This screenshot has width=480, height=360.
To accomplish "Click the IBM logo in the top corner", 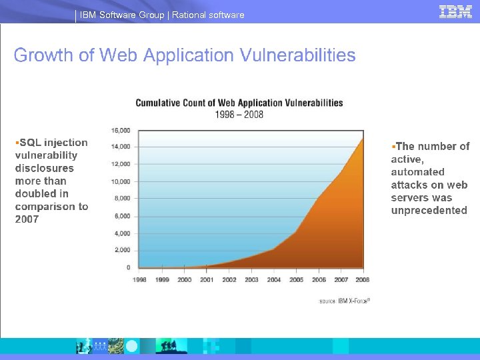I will pyautogui.click(x=455, y=11).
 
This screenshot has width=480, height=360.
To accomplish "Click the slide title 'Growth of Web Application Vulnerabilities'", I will pyautogui.click(x=185, y=55).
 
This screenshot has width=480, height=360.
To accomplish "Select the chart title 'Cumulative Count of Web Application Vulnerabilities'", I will pyautogui.click(x=239, y=103).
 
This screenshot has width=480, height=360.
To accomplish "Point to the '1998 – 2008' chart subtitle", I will pyautogui.click(x=239, y=114).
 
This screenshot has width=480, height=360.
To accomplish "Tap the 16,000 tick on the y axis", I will pyautogui.click(x=121, y=130).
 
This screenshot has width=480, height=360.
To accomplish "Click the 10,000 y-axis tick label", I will pyautogui.click(x=121, y=181).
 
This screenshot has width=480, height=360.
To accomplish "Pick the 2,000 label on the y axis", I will pyautogui.click(x=122, y=250).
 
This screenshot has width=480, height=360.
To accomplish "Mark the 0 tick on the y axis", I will pyautogui.click(x=128, y=267).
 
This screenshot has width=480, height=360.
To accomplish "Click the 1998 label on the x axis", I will pyautogui.click(x=140, y=280).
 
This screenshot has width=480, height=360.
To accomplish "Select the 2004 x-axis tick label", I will pyautogui.click(x=274, y=280).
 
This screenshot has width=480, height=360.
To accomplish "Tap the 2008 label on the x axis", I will pyautogui.click(x=363, y=280).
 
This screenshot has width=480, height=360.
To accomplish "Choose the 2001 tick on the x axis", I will pyautogui.click(x=207, y=280).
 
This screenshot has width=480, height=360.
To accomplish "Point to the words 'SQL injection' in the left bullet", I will pyautogui.click(x=54, y=143).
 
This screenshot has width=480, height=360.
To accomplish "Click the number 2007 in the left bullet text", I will pyautogui.click(x=27, y=219).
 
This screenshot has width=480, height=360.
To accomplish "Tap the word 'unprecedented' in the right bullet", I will pyautogui.click(x=429, y=211).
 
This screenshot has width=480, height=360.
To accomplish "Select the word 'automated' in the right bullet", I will pyautogui.click(x=417, y=172).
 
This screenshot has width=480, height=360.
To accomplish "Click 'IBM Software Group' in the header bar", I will pyautogui.click(x=122, y=15).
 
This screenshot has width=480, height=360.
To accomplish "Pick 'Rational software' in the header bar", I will pyautogui.click(x=208, y=15).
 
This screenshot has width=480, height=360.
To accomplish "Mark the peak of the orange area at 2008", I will pyautogui.click(x=363, y=138).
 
